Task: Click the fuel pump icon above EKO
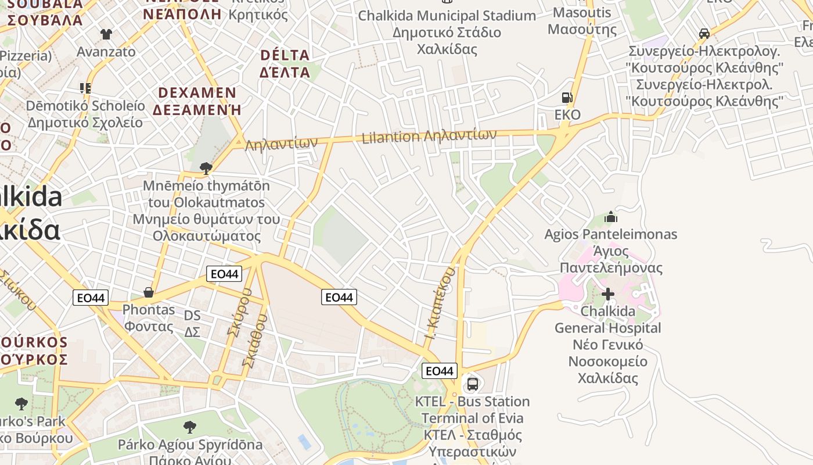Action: (x=567, y=98)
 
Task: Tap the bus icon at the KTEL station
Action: (x=473, y=384)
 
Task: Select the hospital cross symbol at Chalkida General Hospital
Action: (x=607, y=294)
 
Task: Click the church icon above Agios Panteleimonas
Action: (x=610, y=217)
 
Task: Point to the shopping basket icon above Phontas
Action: (x=149, y=292)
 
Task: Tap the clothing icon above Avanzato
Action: (x=106, y=34)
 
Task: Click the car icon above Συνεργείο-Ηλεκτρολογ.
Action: (x=704, y=34)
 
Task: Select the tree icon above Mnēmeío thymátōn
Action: (x=206, y=169)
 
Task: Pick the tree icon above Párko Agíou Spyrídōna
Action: (x=189, y=428)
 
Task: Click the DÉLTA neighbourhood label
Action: (x=285, y=55)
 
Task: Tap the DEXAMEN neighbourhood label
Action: (x=197, y=93)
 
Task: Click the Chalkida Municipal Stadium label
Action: (x=447, y=16)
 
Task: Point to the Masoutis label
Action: (x=582, y=13)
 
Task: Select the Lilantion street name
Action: (x=390, y=138)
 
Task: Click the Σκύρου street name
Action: (x=239, y=320)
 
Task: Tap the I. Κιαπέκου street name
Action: (x=439, y=304)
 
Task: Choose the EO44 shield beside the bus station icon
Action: (x=439, y=371)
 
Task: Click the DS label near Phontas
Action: (x=192, y=316)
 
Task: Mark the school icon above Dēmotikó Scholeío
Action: (x=85, y=88)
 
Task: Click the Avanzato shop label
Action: (x=106, y=52)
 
